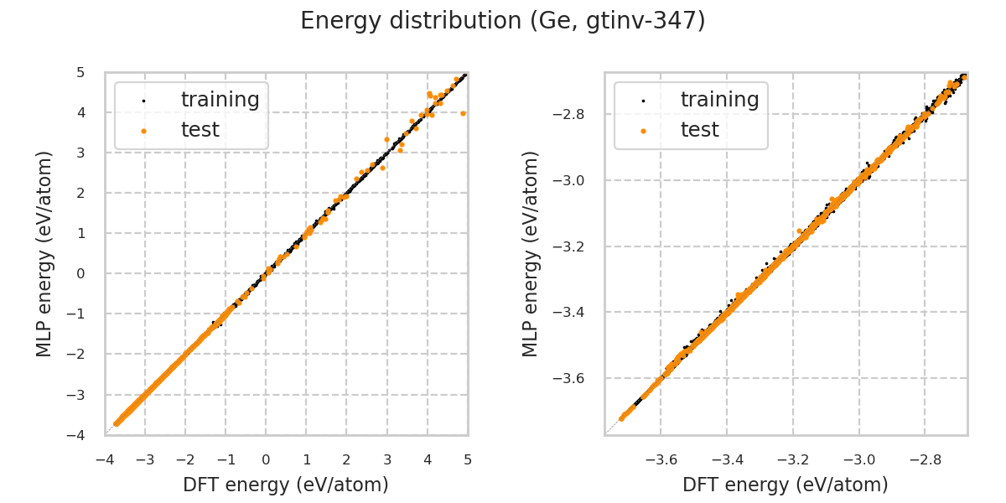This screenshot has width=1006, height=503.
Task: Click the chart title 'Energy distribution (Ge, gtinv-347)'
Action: [x=503, y=21]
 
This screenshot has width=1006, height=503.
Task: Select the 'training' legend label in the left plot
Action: [x=220, y=100]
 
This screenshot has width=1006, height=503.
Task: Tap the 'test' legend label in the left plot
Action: [x=200, y=130]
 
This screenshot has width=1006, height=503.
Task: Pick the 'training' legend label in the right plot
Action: [x=719, y=100]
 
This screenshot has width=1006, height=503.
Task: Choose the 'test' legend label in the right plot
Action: [x=699, y=130]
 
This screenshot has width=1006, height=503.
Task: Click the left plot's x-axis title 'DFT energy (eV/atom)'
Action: [x=286, y=485]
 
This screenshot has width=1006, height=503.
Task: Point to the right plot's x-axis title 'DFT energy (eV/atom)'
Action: [x=786, y=485]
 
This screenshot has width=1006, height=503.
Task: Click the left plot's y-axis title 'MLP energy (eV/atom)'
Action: [x=44, y=253]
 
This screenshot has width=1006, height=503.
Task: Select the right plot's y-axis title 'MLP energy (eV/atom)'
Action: [x=531, y=253]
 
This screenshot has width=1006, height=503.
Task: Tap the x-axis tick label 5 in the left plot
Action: [x=468, y=459]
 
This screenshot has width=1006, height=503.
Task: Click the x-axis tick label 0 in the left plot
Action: [x=266, y=459]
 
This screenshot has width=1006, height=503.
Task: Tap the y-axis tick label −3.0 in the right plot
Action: [x=575, y=180]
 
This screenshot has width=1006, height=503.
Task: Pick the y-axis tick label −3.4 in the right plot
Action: [x=575, y=313]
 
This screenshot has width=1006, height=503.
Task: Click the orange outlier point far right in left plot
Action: [x=463, y=113]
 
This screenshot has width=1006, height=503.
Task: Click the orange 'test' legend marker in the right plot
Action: [x=643, y=131]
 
